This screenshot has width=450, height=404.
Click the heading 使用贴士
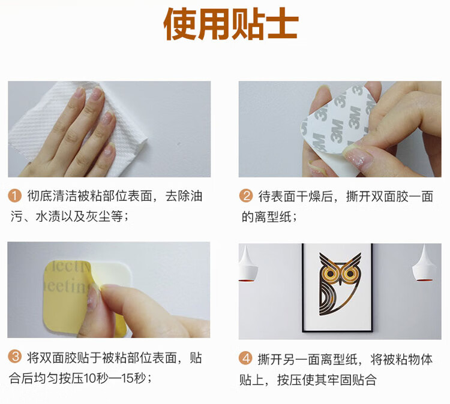tap(231, 24)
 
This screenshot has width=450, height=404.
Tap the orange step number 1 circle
tap(14, 196)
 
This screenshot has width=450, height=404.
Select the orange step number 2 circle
tap(245, 196)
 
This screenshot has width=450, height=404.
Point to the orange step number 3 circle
tap(14, 357)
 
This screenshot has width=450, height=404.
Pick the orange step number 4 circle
tap(245, 358)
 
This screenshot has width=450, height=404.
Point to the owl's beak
tap(340, 281)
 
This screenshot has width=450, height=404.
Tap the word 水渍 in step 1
tap(48, 216)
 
